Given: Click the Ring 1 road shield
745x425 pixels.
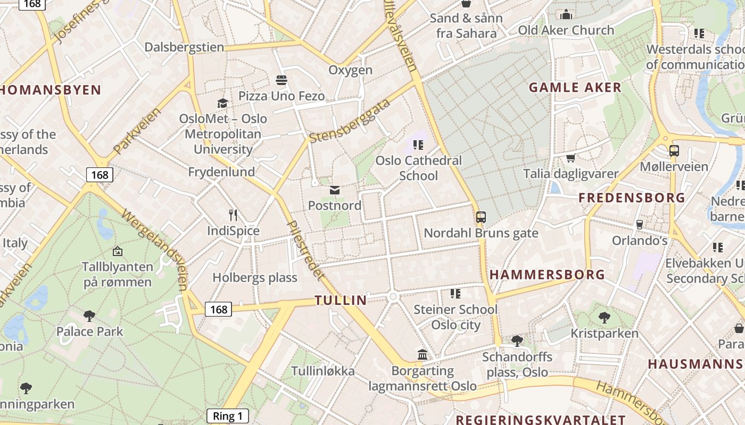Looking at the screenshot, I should (x=228, y=416).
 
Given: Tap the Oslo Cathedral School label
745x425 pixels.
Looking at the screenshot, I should (x=418, y=168).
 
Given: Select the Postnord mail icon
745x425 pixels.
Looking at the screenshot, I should (x=335, y=190).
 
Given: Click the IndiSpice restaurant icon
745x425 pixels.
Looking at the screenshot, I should (x=233, y=215).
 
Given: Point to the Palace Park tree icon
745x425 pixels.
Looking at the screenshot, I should (x=89, y=316).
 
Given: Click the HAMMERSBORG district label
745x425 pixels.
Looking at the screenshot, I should (x=547, y=275).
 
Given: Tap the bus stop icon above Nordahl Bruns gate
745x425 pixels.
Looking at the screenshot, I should (x=481, y=217).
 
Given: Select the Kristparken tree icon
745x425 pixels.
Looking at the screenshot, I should (x=604, y=318).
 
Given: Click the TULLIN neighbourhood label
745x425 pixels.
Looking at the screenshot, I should (x=341, y=300).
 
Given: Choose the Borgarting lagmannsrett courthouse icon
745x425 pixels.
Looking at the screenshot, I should (x=423, y=354).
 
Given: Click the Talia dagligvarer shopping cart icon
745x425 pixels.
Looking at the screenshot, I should (x=570, y=158).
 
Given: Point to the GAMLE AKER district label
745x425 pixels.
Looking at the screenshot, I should (x=575, y=88).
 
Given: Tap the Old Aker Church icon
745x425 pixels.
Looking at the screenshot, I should (x=566, y=14).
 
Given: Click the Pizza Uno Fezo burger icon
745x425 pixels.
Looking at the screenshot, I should (x=282, y=80).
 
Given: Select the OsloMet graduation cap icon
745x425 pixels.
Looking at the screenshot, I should (x=222, y=103).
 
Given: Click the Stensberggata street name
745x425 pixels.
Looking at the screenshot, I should (x=350, y=121).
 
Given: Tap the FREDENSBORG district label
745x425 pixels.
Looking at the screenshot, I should (x=632, y=198).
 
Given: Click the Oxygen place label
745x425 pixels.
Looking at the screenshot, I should (x=350, y=70).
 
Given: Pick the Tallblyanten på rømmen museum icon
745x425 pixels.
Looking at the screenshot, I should (x=118, y=251).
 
